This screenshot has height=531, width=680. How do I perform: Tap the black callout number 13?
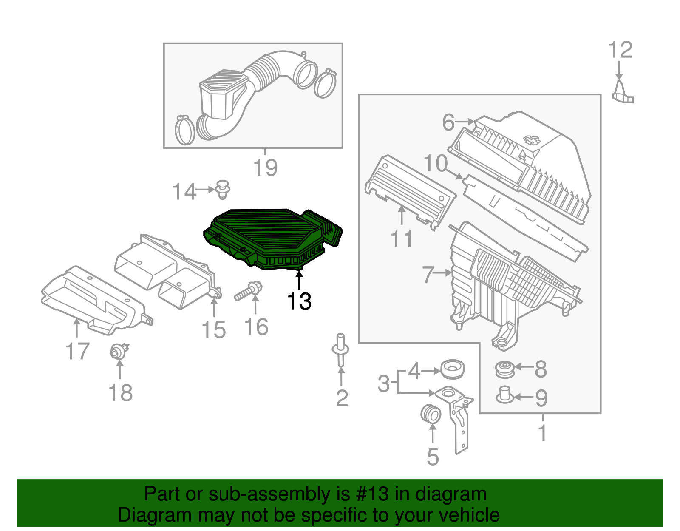click(299, 301)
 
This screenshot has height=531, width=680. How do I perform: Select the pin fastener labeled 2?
click(340, 349)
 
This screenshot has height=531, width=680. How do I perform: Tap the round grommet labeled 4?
click(453, 369)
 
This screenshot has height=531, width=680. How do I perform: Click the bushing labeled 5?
click(431, 414)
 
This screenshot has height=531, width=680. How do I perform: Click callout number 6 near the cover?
click(448, 122)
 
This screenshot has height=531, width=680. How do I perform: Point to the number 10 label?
click(436, 164)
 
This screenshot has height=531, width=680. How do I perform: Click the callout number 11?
click(402, 240)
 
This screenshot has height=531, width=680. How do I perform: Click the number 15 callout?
click(213, 330)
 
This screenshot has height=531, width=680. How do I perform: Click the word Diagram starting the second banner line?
click(143, 515)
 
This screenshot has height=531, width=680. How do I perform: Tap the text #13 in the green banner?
click(369, 494)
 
